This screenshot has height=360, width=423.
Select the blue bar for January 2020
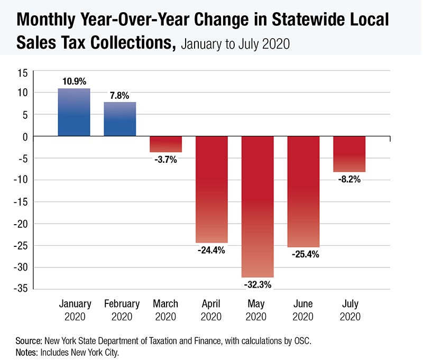click(x=74, y=112)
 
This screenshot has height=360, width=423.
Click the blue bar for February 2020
click(x=120, y=119)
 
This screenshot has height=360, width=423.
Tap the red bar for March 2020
click(x=165, y=144)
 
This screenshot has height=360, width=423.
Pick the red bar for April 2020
click(x=212, y=190)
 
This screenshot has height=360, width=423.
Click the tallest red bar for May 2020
click(x=258, y=207)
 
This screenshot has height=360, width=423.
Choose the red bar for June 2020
click(x=303, y=192)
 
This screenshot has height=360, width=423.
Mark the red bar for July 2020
click(x=349, y=154)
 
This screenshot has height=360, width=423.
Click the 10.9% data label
click(x=74, y=81)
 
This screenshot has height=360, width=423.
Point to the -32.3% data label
click(x=258, y=284)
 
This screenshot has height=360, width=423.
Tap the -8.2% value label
click(x=350, y=179)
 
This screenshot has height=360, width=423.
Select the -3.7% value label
click(x=165, y=159)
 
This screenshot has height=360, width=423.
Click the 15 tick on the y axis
click(x=23, y=73)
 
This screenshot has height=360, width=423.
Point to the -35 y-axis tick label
click(x=21, y=289)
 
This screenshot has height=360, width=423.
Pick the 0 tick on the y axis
click(x=25, y=137)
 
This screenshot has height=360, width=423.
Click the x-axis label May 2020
click(x=256, y=310)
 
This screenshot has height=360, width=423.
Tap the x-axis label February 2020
click(x=122, y=310)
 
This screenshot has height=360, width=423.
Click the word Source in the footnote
click(x=29, y=341)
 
